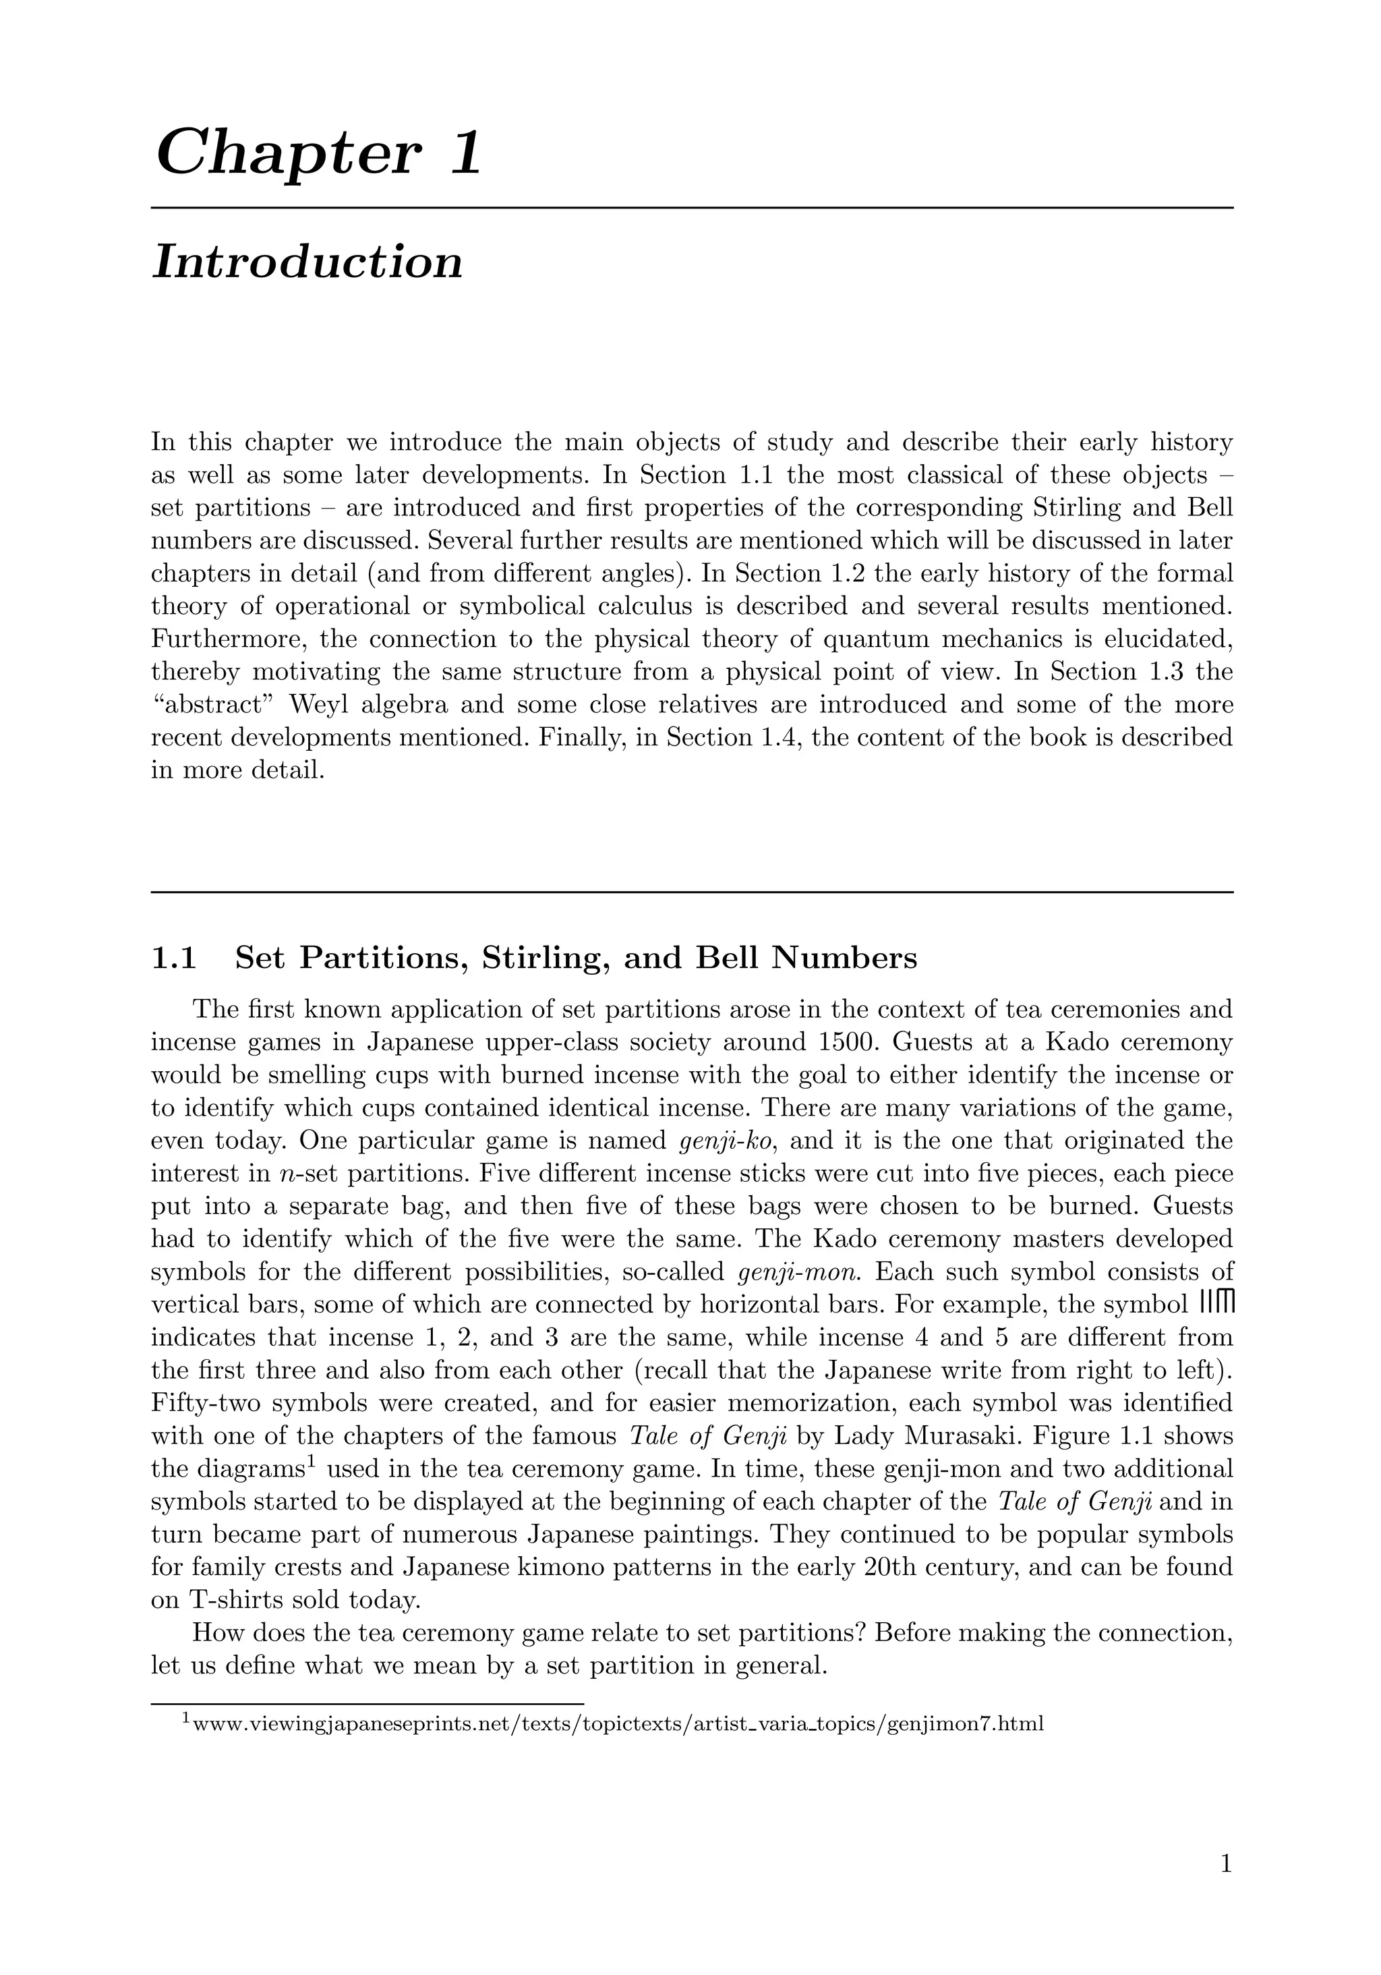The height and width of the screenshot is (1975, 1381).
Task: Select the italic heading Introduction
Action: click(x=307, y=262)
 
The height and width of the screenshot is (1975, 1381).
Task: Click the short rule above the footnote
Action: click(x=368, y=1702)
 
